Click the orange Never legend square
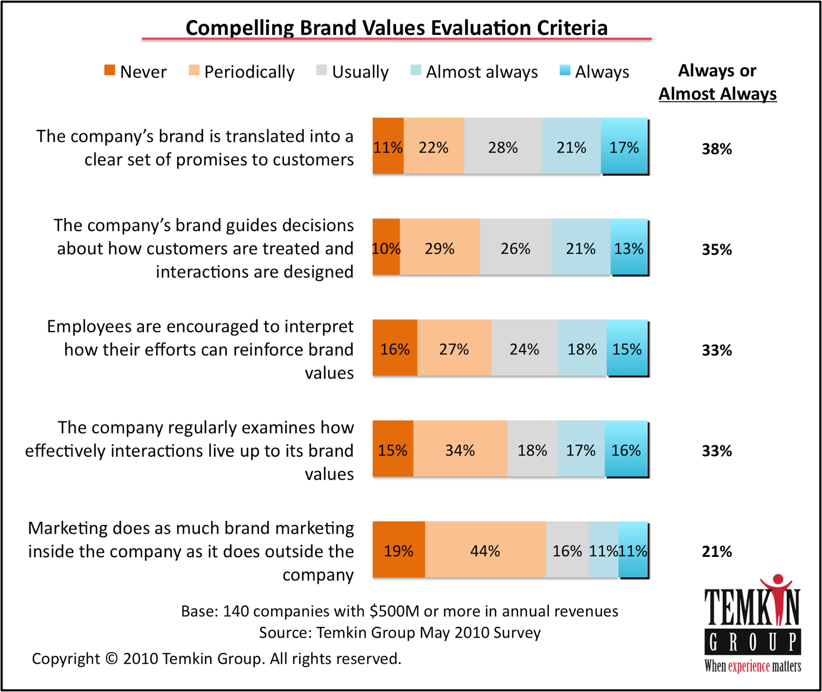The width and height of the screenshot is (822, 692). [x=109, y=70]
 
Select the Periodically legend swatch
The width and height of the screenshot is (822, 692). [x=194, y=70]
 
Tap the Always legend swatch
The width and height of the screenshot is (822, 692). [x=565, y=70]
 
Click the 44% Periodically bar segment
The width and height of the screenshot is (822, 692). [x=485, y=550]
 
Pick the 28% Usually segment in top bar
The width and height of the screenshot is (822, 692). [x=503, y=146]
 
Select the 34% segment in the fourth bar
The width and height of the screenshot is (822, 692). [x=460, y=449]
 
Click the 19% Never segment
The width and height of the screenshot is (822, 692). [x=399, y=550]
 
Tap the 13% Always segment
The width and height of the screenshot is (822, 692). [x=629, y=248]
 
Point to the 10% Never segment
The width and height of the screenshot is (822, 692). [x=386, y=248]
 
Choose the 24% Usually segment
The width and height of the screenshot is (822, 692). [x=524, y=348]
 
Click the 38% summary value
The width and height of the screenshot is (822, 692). [x=717, y=149]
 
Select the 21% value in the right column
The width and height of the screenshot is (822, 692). [x=717, y=552]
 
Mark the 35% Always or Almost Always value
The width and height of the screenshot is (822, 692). [x=717, y=250]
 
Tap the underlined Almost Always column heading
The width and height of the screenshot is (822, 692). [x=717, y=94]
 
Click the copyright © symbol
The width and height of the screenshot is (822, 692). [x=111, y=659]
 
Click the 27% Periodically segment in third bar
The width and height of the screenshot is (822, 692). [x=454, y=348]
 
